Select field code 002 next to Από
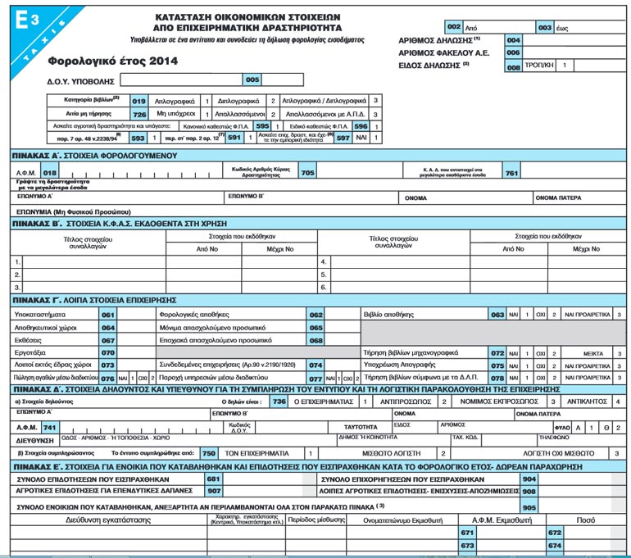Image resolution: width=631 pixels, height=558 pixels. pyautogui.click(x=453, y=27)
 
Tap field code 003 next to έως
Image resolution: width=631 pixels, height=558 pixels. pyautogui.click(x=545, y=27)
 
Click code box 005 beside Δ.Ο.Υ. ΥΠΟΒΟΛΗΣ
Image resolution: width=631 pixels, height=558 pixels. pyautogui.click(x=252, y=79)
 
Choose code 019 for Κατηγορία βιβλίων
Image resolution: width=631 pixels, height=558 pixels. pyautogui.click(x=139, y=101)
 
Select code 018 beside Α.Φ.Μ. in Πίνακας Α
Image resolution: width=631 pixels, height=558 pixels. pyautogui.click(x=51, y=173)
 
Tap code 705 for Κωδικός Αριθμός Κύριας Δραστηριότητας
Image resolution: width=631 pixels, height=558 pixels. pyautogui.click(x=307, y=173)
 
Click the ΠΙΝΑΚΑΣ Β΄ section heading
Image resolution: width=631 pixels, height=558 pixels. pyautogui.click(x=102, y=222)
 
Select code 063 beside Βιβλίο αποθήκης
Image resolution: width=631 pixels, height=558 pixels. pyautogui.click(x=497, y=314)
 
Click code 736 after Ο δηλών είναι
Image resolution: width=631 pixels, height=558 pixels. pyautogui.click(x=279, y=401)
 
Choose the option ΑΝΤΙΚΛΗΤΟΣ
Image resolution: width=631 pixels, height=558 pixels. pyautogui.click(x=588, y=401)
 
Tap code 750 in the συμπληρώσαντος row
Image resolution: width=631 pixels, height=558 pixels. pyautogui.click(x=209, y=452)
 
